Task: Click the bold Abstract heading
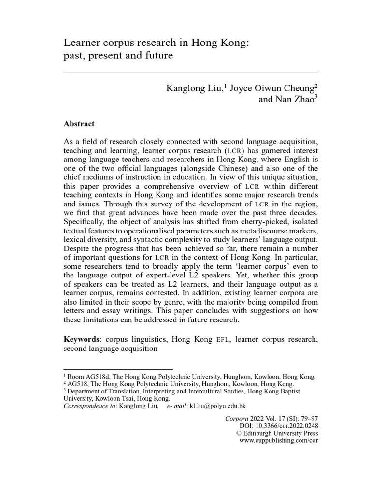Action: [x=79, y=124]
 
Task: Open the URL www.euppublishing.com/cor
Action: [x=279, y=441]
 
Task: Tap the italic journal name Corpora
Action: [x=237, y=418]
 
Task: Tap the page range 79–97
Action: [x=308, y=418]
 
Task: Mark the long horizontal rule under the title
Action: [x=191, y=73]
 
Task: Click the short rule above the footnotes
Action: [x=118, y=369]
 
